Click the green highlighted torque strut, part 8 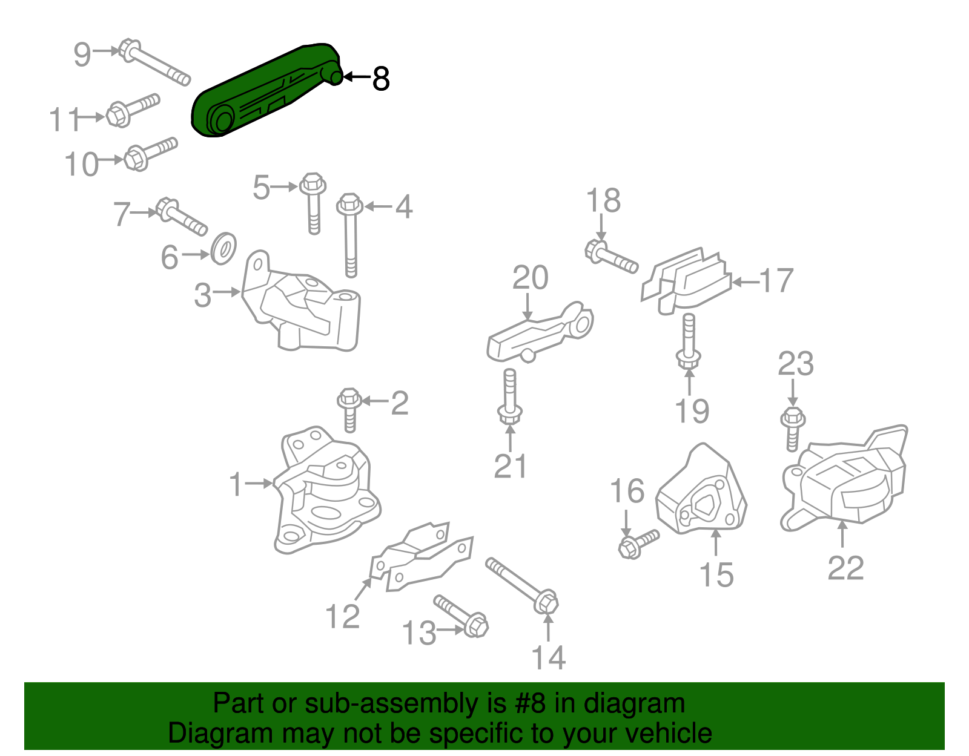pos(266,91)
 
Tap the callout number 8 pos(380,78)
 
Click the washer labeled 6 pos(223,248)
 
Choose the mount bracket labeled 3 pos(303,312)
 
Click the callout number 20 pos(530,278)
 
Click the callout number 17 pos(776,281)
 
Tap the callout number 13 pos(418,634)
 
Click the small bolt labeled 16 pos(638,544)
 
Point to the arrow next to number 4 pos(379,207)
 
